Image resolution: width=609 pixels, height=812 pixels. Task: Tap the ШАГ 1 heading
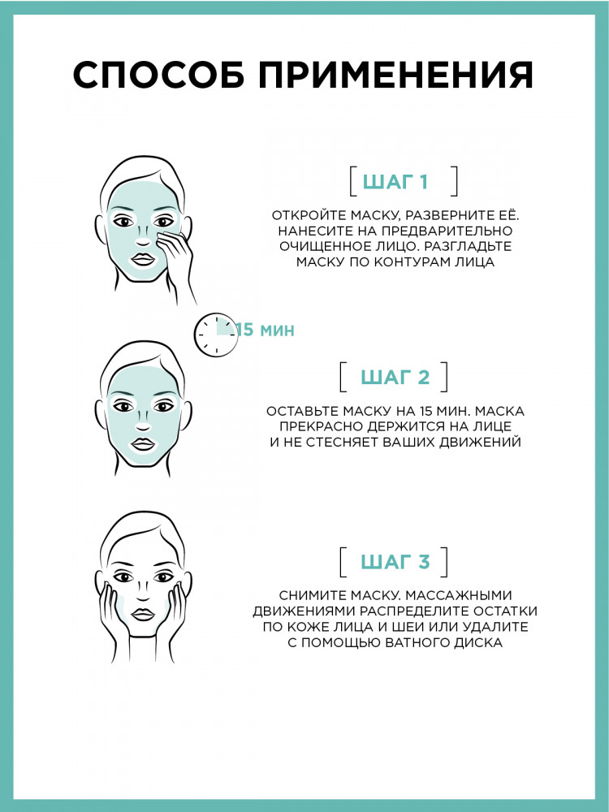395,182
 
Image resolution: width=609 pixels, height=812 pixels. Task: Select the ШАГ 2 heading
395,377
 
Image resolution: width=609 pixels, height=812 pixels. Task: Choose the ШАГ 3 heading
395,562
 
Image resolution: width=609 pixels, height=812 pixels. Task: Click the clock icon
216,335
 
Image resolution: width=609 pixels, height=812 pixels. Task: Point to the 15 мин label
266,330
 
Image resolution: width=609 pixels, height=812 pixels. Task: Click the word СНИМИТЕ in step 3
311,596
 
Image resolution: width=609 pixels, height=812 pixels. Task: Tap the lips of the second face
143,444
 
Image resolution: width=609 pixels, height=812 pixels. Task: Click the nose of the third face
144,595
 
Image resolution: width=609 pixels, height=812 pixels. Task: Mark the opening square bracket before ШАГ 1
352,182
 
